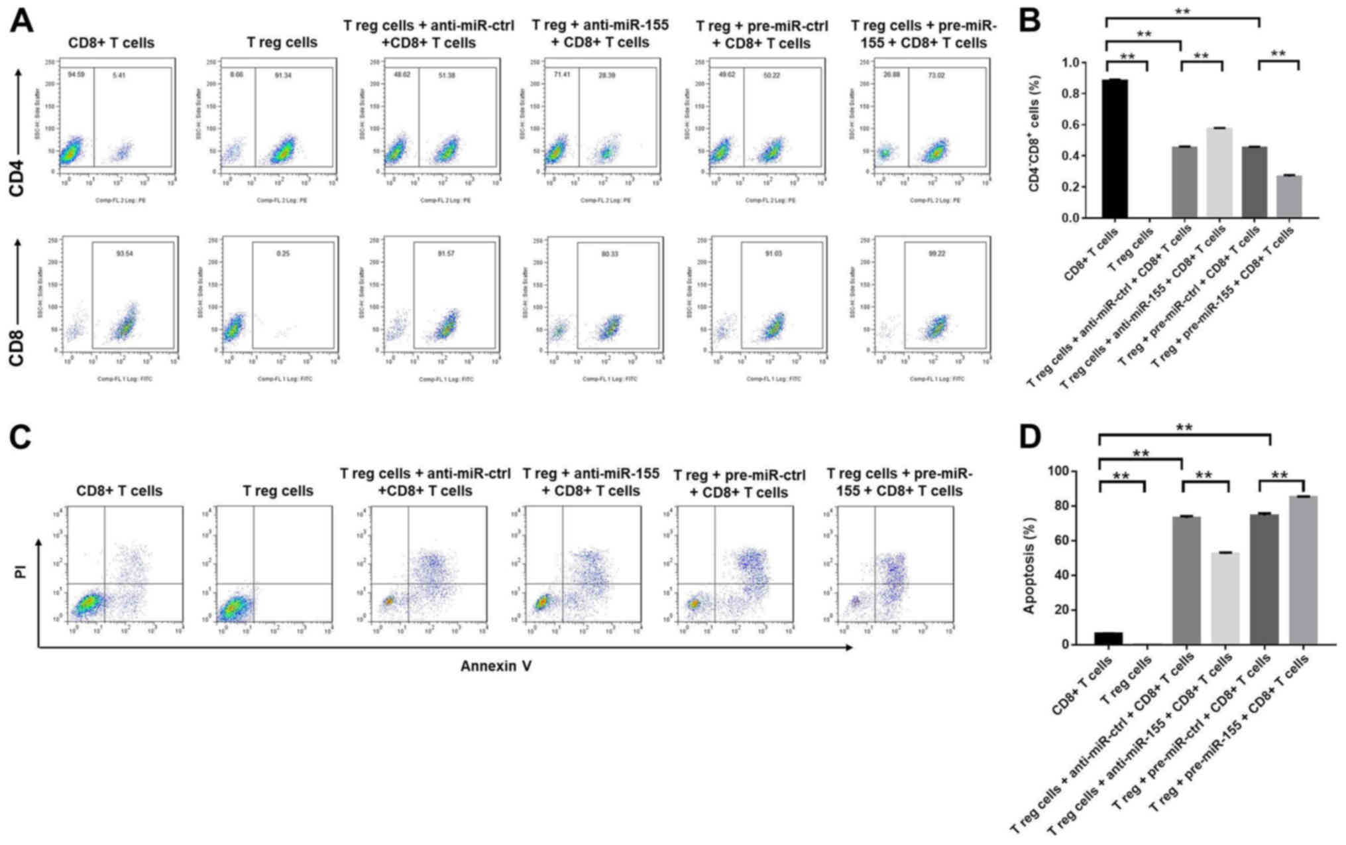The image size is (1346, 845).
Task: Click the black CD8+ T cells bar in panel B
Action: pos(1115,149)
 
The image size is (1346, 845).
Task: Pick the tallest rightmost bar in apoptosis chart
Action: pos(1303,570)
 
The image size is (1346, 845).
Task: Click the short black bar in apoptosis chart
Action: pos(1108,638)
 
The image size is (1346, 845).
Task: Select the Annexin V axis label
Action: pos(496,666)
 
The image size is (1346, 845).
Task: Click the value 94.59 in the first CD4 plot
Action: pos(76,75)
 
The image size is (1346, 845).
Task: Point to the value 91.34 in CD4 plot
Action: pos(284,76)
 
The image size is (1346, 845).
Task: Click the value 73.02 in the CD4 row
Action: pos(936,76)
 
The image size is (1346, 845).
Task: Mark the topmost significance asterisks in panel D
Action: pos(1184,427)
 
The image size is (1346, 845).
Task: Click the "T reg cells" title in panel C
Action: pos(278,491)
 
